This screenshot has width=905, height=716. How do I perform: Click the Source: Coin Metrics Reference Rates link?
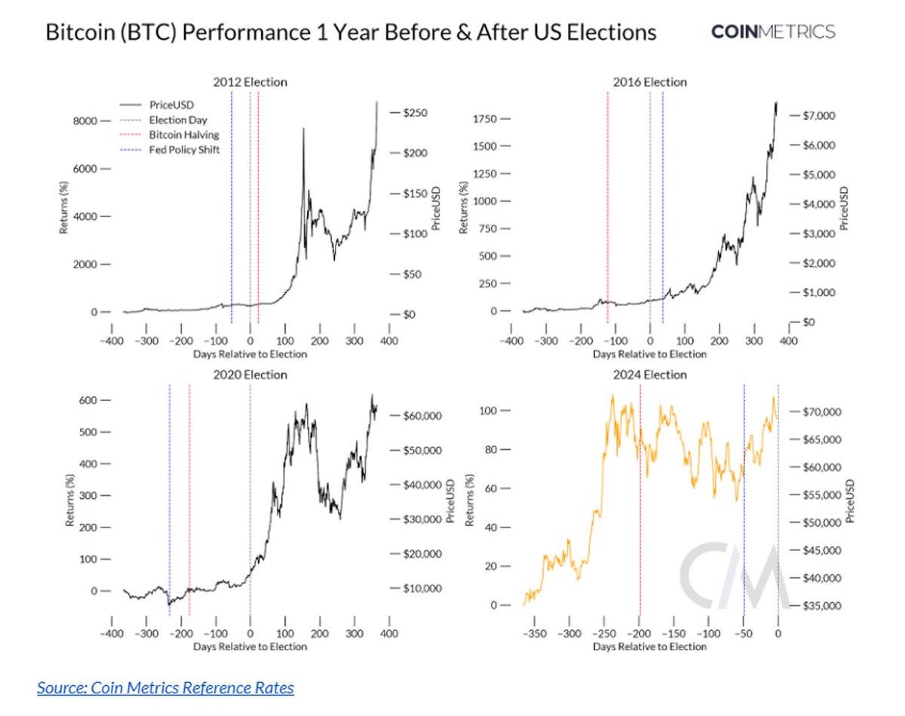165,687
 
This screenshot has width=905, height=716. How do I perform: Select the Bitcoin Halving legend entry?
184,134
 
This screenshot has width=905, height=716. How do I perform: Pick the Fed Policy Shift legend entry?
184,149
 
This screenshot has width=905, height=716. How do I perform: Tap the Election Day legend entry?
178,119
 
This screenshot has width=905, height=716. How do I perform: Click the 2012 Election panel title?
250,82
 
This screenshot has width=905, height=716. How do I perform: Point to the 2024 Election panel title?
649,375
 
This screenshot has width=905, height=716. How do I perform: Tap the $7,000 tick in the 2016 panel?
817,115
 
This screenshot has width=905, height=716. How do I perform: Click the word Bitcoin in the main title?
79,33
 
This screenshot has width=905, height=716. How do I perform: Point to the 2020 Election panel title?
250,375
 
